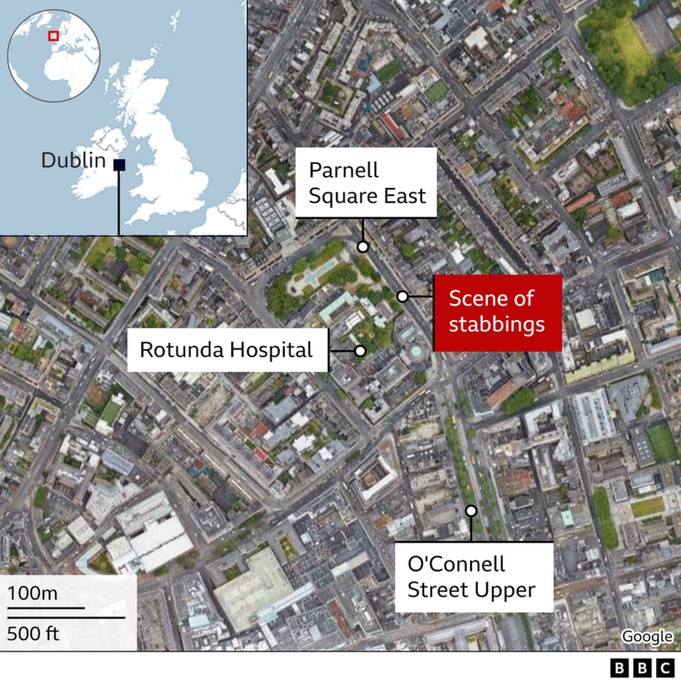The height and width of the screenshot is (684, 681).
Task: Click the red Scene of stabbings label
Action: pyautogui.click(x=497, y=312)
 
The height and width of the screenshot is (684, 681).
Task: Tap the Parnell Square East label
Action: pyautogui.click(x=366, y=183)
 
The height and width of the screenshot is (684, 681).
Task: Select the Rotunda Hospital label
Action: pyautogui.click(x=227, y=349)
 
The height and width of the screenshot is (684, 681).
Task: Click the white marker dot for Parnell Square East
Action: pyautogui.click(x=363, y=246)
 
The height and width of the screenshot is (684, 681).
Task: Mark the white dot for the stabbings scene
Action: pyautogui.click(x=403, y=296)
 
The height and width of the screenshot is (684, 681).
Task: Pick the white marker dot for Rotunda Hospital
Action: pyautogui.click(x=360, y=351)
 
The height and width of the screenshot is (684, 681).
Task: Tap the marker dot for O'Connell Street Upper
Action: pyautogui.click(x=471, y=511)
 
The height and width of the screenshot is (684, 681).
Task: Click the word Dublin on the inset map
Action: pyautogui.click(x=73, y=161)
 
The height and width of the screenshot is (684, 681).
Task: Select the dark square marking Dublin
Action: pyautogui.click(x=119, y=165)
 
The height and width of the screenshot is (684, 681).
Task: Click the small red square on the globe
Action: pyautogui.click(x=53, y=36)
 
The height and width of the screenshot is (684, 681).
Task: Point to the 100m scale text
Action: pyautogui.click(x=33, y=594)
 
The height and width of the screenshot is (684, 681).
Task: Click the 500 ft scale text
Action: pyautogui.click(x=33, y=633)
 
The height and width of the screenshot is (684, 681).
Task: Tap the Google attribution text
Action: pyautogui.click(x=647, y=636)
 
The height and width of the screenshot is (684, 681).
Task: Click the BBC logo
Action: pyautogui.click(x=643, y=668)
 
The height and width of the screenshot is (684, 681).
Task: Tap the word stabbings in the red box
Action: pyautogui.click(x=496, y=325)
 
